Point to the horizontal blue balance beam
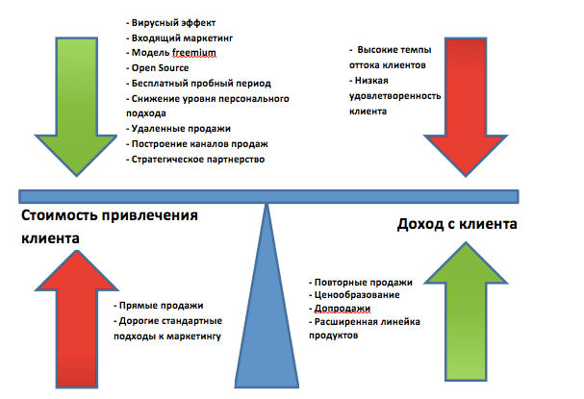tap(268, 196)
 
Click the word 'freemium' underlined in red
tap(194, 53)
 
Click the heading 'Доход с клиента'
tap(457, 224)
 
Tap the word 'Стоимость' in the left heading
tap(60, 215)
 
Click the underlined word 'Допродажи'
tap(343, 309)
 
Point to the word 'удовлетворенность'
tap(394, 96)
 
